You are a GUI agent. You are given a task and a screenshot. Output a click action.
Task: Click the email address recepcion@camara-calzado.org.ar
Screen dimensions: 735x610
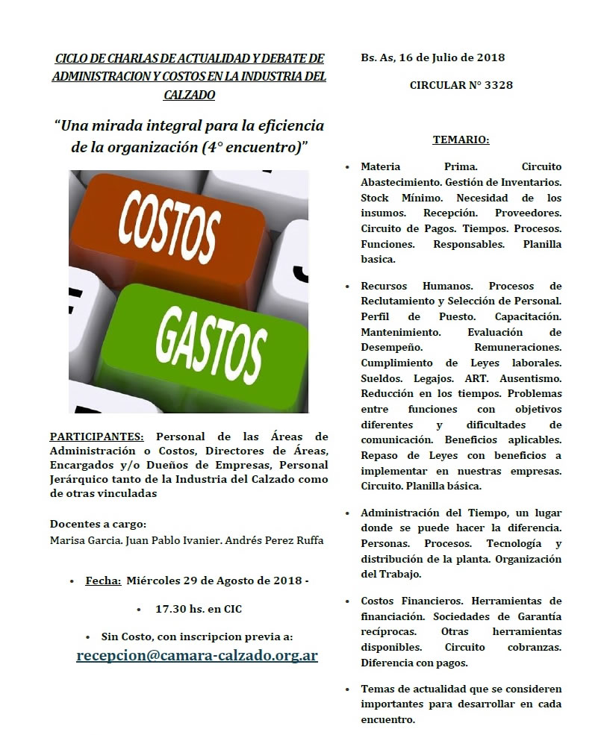click(197, 656)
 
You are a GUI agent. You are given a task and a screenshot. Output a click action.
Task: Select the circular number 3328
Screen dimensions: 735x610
click(498, 85)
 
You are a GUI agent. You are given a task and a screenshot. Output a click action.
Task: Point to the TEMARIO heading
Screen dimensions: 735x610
click(461, 140)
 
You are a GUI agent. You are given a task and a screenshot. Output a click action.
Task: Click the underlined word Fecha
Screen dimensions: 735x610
click(103, 581)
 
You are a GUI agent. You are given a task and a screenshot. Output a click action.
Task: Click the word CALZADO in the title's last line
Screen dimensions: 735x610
click(189, 95)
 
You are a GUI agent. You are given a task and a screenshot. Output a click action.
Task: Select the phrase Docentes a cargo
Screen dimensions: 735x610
click(98, 524)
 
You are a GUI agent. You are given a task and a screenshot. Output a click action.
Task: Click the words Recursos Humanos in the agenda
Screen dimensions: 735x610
click(416, 286)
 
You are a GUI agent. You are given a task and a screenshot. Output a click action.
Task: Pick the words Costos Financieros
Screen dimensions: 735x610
click(415, 601)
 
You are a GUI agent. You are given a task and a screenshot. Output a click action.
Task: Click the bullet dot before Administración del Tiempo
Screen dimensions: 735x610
click(348, 513)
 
